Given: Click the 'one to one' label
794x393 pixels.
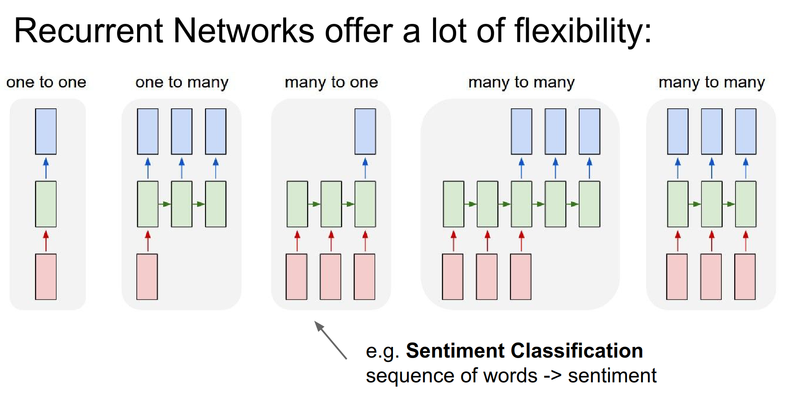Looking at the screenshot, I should point(46,82).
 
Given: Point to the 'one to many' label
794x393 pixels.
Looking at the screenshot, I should point(182,82).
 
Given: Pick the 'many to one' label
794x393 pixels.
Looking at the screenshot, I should point(331,82).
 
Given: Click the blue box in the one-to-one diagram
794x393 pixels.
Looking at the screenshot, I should point(46,131).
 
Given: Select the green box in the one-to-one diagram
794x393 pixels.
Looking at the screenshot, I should point(46,204).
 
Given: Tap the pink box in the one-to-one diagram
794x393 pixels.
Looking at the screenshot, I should point(46,277).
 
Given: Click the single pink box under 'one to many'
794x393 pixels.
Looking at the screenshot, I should point(147,277).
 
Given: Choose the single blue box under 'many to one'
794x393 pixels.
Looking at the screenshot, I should point(365,131).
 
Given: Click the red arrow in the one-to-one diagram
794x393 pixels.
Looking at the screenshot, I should point(46,241).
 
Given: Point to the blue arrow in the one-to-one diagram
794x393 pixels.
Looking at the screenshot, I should point(46,168).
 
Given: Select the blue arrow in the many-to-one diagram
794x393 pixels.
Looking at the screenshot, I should point(365,168).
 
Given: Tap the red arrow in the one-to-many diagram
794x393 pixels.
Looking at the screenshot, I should point(148,241).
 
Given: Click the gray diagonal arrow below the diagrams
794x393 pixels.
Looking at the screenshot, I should point(331,340).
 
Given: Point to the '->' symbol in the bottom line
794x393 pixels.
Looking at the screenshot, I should point(552,376).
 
